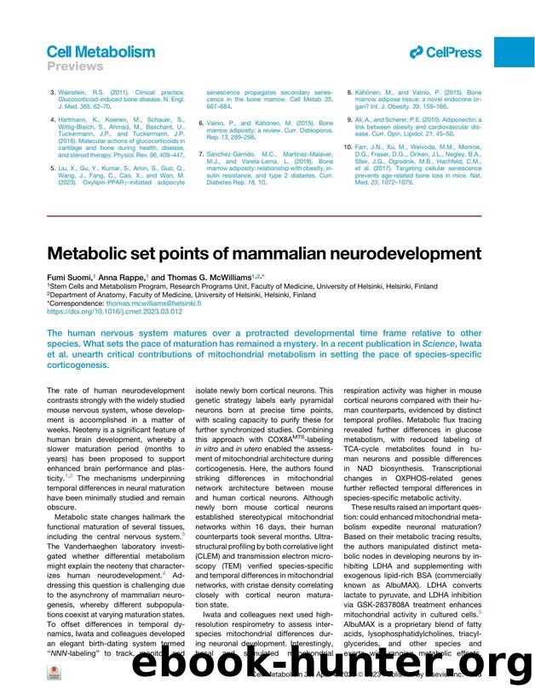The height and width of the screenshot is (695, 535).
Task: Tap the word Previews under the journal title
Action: pyautogui.click(x=74, y=66)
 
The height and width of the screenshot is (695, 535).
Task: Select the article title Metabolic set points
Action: pyautogui.click(x=263, y=255)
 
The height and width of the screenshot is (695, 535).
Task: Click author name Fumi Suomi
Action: pyautogui.click(x=69, y=277)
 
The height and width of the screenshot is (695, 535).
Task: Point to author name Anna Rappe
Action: pyautogui.click(x=125, y=277)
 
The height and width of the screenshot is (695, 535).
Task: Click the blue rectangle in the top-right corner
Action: pyautogui.click(x=514, y=53)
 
